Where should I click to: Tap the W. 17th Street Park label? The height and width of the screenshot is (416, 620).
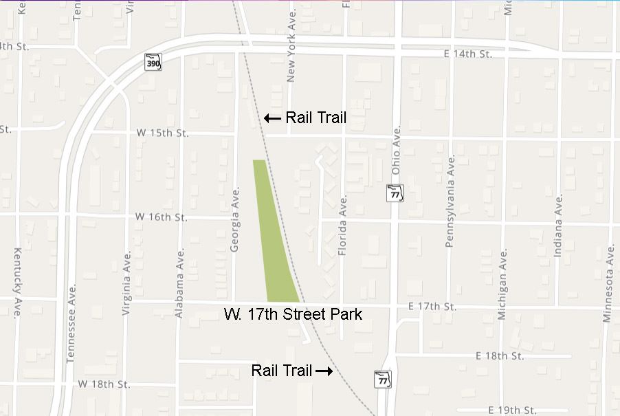pos(293,315)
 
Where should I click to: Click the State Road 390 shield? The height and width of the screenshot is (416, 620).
pos(153,62)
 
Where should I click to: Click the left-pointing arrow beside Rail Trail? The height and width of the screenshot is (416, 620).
pos(272,118)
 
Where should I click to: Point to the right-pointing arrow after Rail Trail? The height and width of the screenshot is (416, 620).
pos(324,371)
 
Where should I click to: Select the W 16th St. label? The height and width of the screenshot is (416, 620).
pos(161,217)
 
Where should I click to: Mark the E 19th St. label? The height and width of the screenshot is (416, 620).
pos(512,410)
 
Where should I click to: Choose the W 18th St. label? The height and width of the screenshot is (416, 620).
pos(104,383)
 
